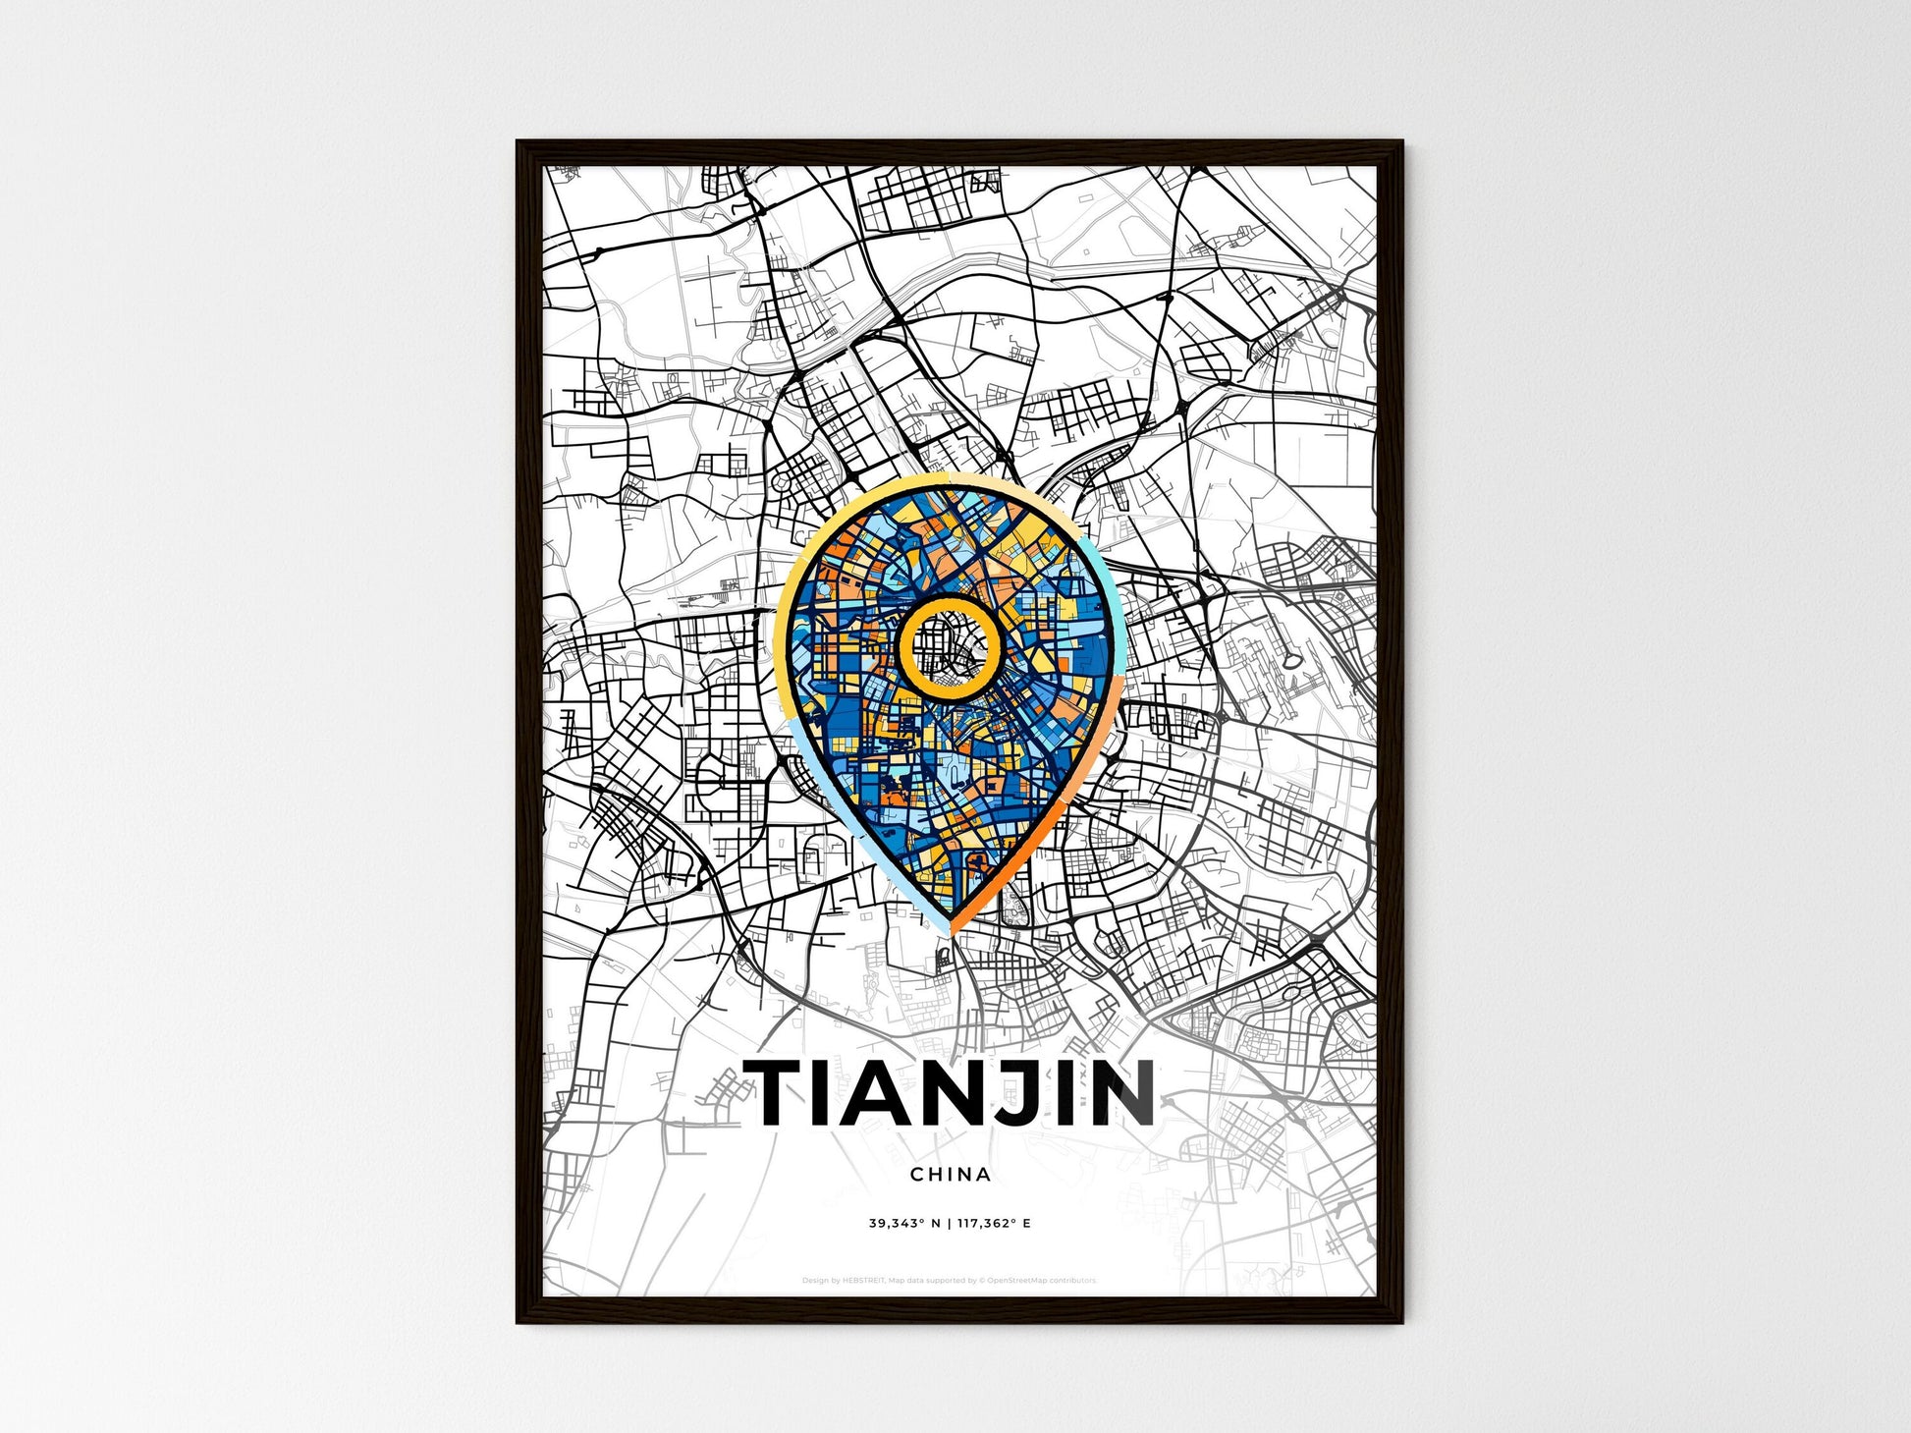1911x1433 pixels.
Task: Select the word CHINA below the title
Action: pos(950,1174)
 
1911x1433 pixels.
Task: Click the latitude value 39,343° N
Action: pos(904,1224)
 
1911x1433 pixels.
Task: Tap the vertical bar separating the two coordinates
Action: pos(949,1224)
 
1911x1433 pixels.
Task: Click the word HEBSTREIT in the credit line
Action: pos(864,1281)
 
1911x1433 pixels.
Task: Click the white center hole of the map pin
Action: pos(949,649)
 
